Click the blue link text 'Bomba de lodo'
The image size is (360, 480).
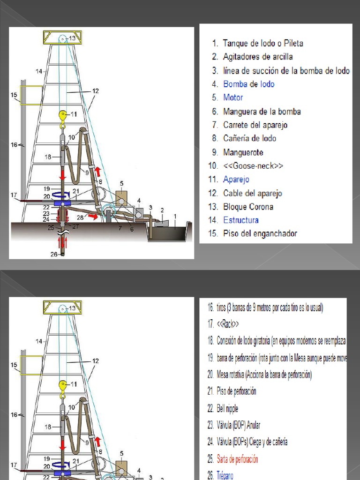point(248,84)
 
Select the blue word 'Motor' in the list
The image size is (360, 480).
point(233,98)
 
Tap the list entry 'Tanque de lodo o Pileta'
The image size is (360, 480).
point(263,44)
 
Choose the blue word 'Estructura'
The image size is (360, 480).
point(240,220)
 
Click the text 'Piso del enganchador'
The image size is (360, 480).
point(260,233)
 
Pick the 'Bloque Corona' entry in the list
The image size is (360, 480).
point(248,207)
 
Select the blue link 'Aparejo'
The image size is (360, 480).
point(236,180)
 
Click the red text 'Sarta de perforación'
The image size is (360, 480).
point(237,459)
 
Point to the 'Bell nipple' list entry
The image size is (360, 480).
point(227,409)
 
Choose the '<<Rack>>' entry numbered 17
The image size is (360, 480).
point(228,324)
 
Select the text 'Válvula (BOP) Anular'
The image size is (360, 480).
point(238,426)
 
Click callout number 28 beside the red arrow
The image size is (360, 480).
point(80,217)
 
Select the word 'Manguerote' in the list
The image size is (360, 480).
point(243,152)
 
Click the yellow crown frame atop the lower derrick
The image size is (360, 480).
point(62,307)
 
